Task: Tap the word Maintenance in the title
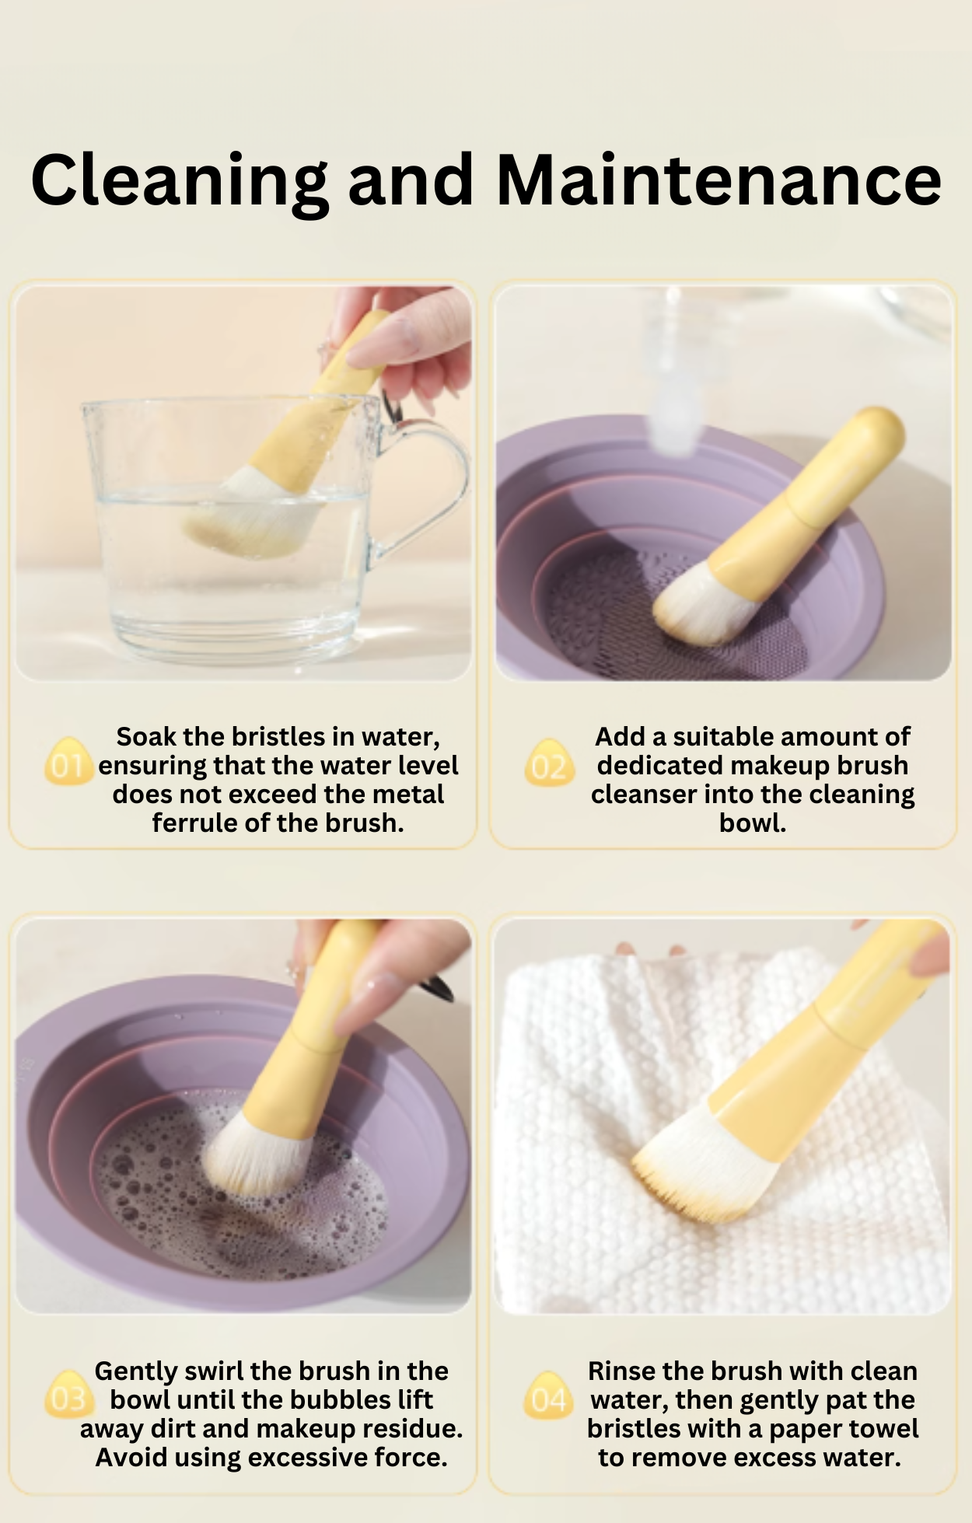point(719,180)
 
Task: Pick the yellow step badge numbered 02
point(549,763)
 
